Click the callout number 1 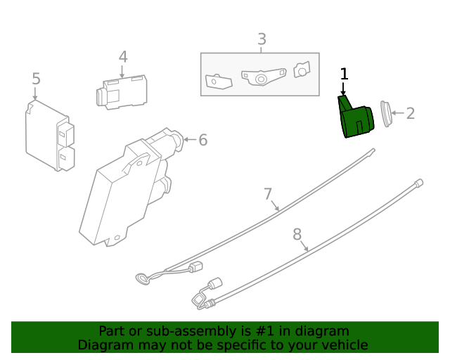[x=344, y=74]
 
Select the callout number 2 [x=411, y=113]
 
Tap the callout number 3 [x=262, y=39]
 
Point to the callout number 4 [x=122, y=57]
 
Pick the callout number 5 [x=37, y=79]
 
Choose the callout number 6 [x=202, y=140]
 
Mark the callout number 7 [x=268, y=193]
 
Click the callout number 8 [x=297, y=233]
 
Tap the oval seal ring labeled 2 [x=385, y=114]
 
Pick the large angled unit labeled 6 [x=130, y=186]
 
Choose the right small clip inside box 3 [x=302, y=70]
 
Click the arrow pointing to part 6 [x=188, y=140]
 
